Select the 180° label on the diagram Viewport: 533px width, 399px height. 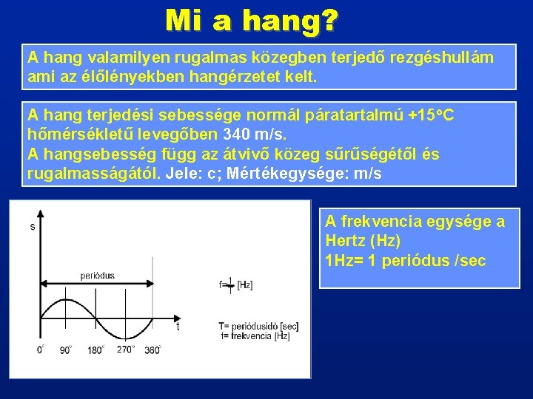[96, 349]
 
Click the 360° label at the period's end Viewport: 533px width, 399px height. [152, 349]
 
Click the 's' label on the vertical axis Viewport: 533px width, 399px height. [32, 226]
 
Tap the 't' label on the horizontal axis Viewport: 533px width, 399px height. [178, 326]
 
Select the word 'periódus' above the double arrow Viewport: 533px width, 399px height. [98, 276]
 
